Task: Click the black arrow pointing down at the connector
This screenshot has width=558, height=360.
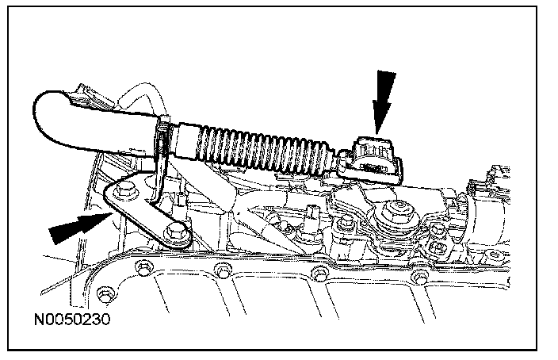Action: point(383,98)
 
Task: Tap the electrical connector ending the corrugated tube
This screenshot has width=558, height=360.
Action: point(375,155)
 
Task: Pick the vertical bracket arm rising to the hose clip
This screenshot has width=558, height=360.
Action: point(158,170)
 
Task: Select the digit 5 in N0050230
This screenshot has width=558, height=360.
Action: point(67,321)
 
